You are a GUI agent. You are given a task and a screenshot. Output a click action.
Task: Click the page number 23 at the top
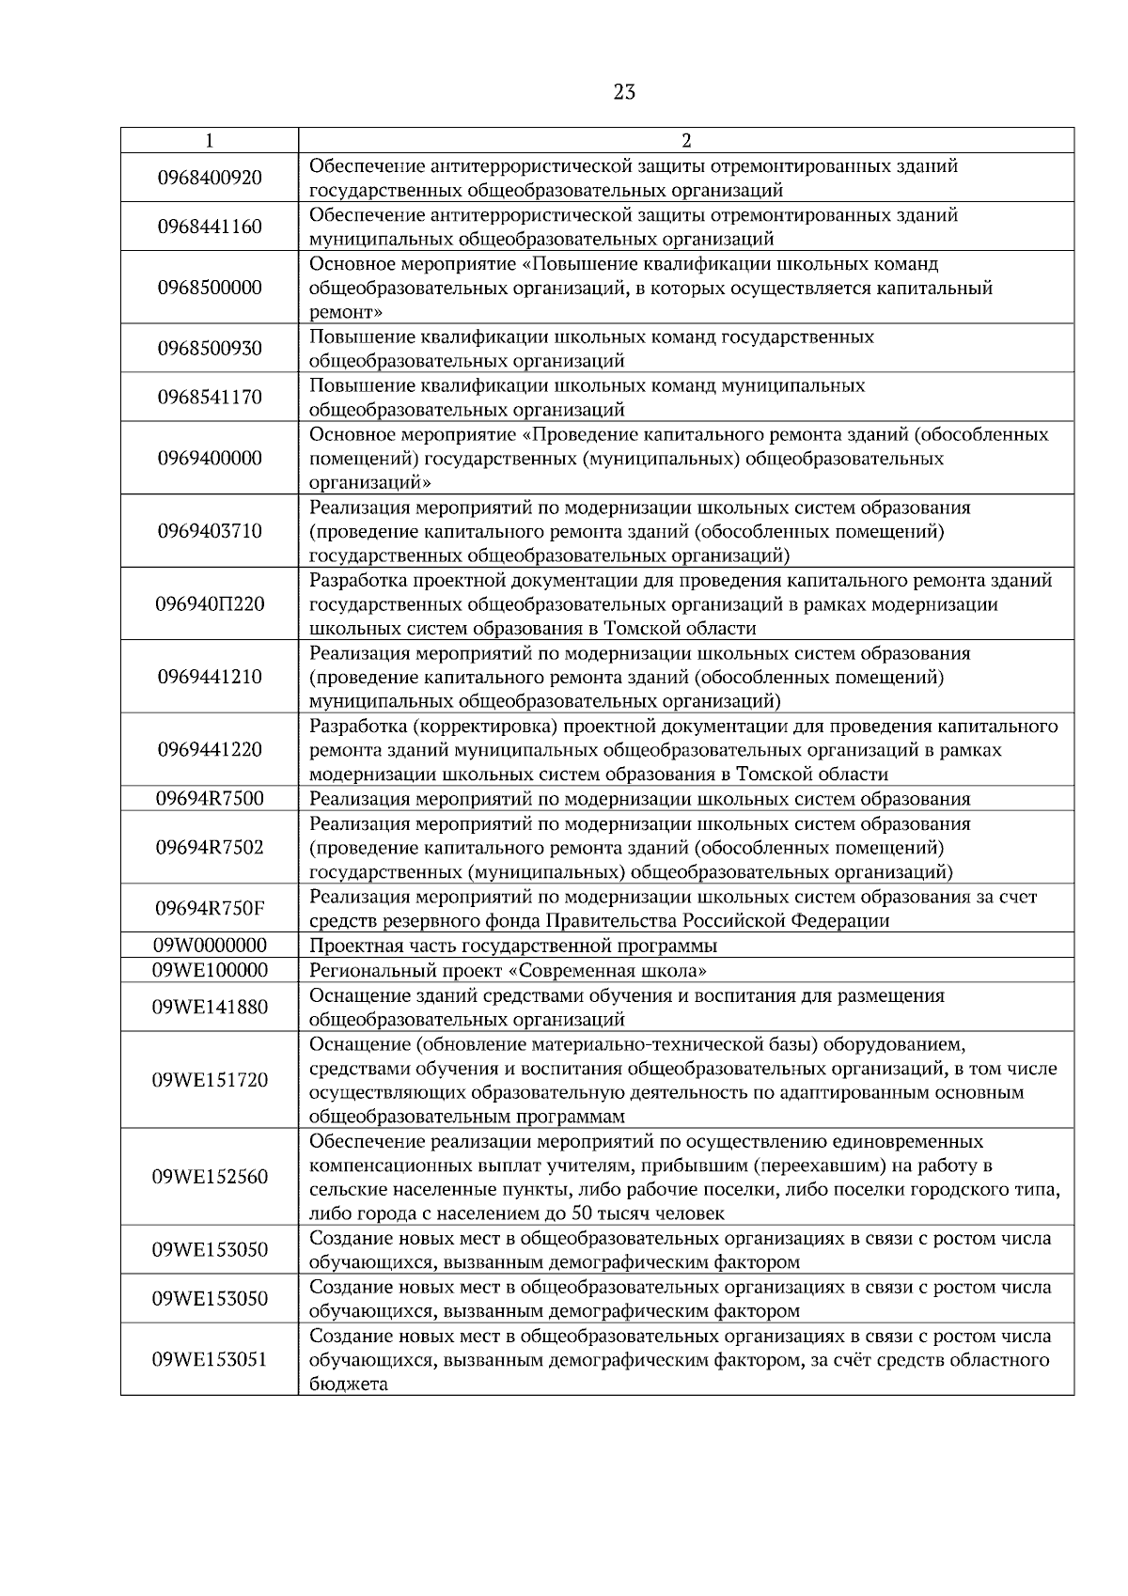623,91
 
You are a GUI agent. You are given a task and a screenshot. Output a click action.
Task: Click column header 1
209,141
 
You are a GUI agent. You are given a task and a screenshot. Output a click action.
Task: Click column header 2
685,141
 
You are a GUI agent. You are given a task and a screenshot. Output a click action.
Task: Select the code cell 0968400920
210,178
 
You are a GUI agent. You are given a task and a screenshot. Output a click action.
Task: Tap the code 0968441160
210,227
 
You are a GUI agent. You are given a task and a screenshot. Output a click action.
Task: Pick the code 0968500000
210,288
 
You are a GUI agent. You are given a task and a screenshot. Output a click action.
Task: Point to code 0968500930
210,349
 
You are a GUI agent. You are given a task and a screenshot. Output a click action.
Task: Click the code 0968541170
210,398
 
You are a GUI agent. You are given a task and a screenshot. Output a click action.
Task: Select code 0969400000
210,459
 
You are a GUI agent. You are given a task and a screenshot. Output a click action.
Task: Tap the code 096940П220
210,604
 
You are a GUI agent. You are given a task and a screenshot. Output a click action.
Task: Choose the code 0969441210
210,677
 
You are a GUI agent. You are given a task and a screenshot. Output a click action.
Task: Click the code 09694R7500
210,799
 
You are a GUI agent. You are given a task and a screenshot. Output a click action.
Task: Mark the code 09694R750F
210,908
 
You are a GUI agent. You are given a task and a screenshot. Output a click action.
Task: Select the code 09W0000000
210,946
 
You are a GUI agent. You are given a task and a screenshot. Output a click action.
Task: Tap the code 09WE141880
210,1008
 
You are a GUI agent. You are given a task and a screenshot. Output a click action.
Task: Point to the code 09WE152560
210,1177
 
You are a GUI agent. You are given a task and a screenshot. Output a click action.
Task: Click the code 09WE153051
210,1360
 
